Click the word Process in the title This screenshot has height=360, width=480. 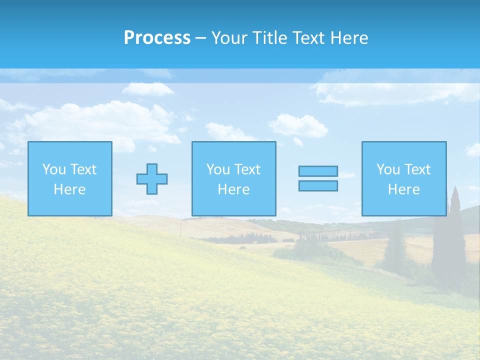[x=157, y=38]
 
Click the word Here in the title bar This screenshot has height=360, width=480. [x=349, y=38]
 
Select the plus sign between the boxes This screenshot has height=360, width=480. [x=152, y=178]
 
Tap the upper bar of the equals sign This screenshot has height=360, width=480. [x=318, y=171]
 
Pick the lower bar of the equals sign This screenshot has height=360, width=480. [x=318, y=185]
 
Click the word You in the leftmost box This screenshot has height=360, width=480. [x=53, y=169]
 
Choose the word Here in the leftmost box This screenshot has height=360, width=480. [x=69, y=189]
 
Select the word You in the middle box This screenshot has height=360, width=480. [x=217, y=169]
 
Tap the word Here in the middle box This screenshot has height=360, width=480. [x=233, y=189]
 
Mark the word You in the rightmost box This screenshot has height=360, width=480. [x=387, y=169]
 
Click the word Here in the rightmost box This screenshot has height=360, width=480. [x=403, y=189]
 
